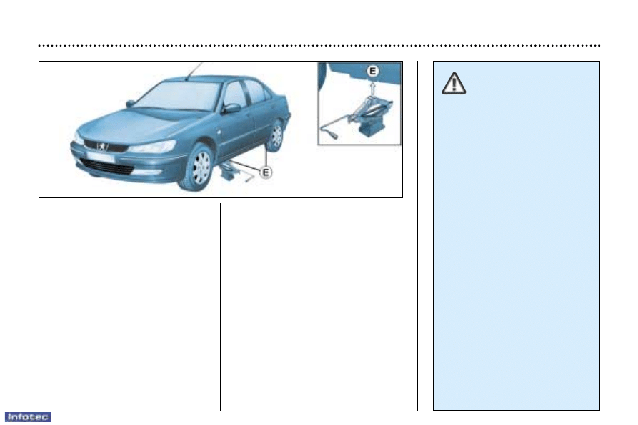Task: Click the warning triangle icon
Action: (x=454, y=84)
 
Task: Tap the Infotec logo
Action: (x=28, y=417)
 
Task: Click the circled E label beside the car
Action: (x=266, y=172)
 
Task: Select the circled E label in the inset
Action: (x=372, y=72)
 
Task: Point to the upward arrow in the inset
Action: (x=372, y=87)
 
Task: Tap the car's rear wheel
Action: (x=276, y=135)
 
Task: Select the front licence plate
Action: (x=100, y=157)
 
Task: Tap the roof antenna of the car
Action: (x=194, y=71)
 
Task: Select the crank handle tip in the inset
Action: (x=334, y=136)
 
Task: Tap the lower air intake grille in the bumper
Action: (x=107, y=167)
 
